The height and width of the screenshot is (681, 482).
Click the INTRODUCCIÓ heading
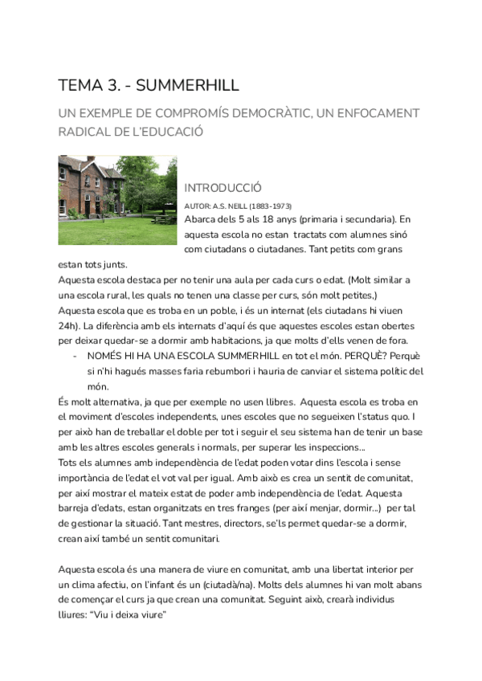tap(223, 188)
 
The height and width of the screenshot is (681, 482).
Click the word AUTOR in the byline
tap(198, 206)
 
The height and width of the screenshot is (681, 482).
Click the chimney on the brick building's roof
tap(91, 159)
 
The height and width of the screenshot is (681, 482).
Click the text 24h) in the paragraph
tap(69, 326)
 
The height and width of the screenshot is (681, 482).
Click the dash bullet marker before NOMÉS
tap(74, 356)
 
